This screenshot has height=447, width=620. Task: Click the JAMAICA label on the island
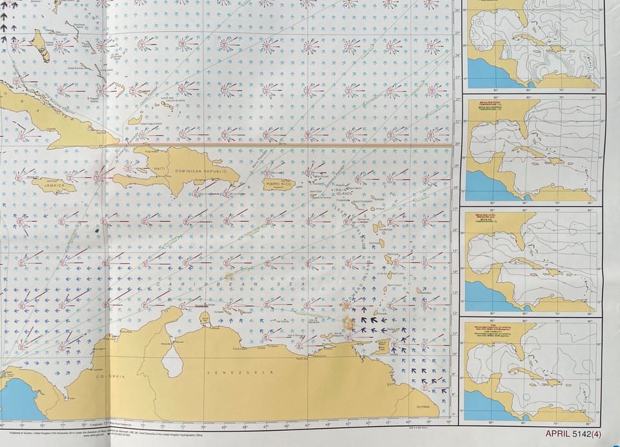coord(55,186)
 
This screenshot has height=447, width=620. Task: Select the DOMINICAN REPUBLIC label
coord(200,171)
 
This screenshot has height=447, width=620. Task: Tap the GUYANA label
coord(423,405)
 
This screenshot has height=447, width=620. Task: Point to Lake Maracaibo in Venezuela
coord(171,360)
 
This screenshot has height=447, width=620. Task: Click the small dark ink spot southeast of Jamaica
coord(97,229)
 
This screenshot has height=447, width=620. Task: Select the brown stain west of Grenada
coord(349,323)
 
